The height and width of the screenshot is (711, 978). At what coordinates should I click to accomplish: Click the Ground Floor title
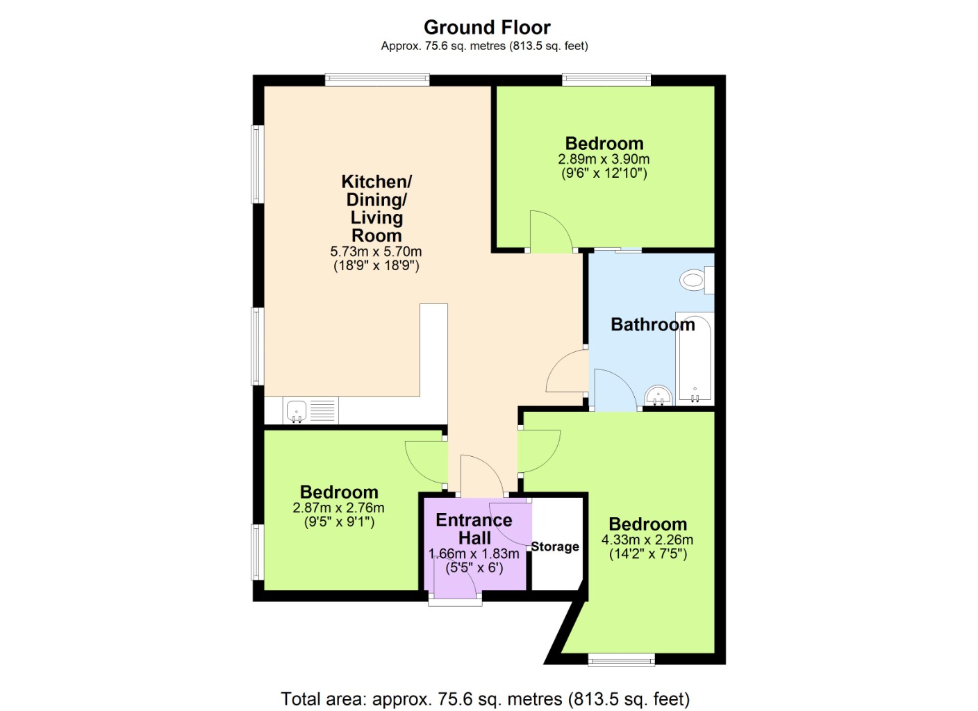click(487, 28)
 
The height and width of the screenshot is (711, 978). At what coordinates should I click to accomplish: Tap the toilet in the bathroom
click(697, 279)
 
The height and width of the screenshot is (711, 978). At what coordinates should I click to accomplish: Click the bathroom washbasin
click(658, 396)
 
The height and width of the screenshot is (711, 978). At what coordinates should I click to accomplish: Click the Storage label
click(555, 546)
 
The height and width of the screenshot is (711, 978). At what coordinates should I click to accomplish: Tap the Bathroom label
click(652, 324)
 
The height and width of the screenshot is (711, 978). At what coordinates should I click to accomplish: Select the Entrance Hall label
click(474, 529)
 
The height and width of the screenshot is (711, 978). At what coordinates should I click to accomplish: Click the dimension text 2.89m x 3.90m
click(604, 159)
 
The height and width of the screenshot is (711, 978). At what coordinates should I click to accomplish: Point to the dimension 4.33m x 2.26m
click(647, 540)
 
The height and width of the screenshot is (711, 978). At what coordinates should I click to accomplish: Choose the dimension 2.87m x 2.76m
click(339, 508)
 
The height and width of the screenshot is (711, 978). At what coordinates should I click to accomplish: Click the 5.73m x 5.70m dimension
click(376, 251)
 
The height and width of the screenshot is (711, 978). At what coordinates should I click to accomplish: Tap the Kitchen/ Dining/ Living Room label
click(376, 208)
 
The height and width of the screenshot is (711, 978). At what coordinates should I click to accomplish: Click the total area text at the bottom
click(486, 699)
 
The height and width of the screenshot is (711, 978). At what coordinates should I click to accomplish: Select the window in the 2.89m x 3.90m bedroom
click(606, 80)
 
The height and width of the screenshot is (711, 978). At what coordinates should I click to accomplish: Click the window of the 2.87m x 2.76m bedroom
click(258, 552)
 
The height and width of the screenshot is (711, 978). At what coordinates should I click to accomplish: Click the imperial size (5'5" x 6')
click(474, 568)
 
